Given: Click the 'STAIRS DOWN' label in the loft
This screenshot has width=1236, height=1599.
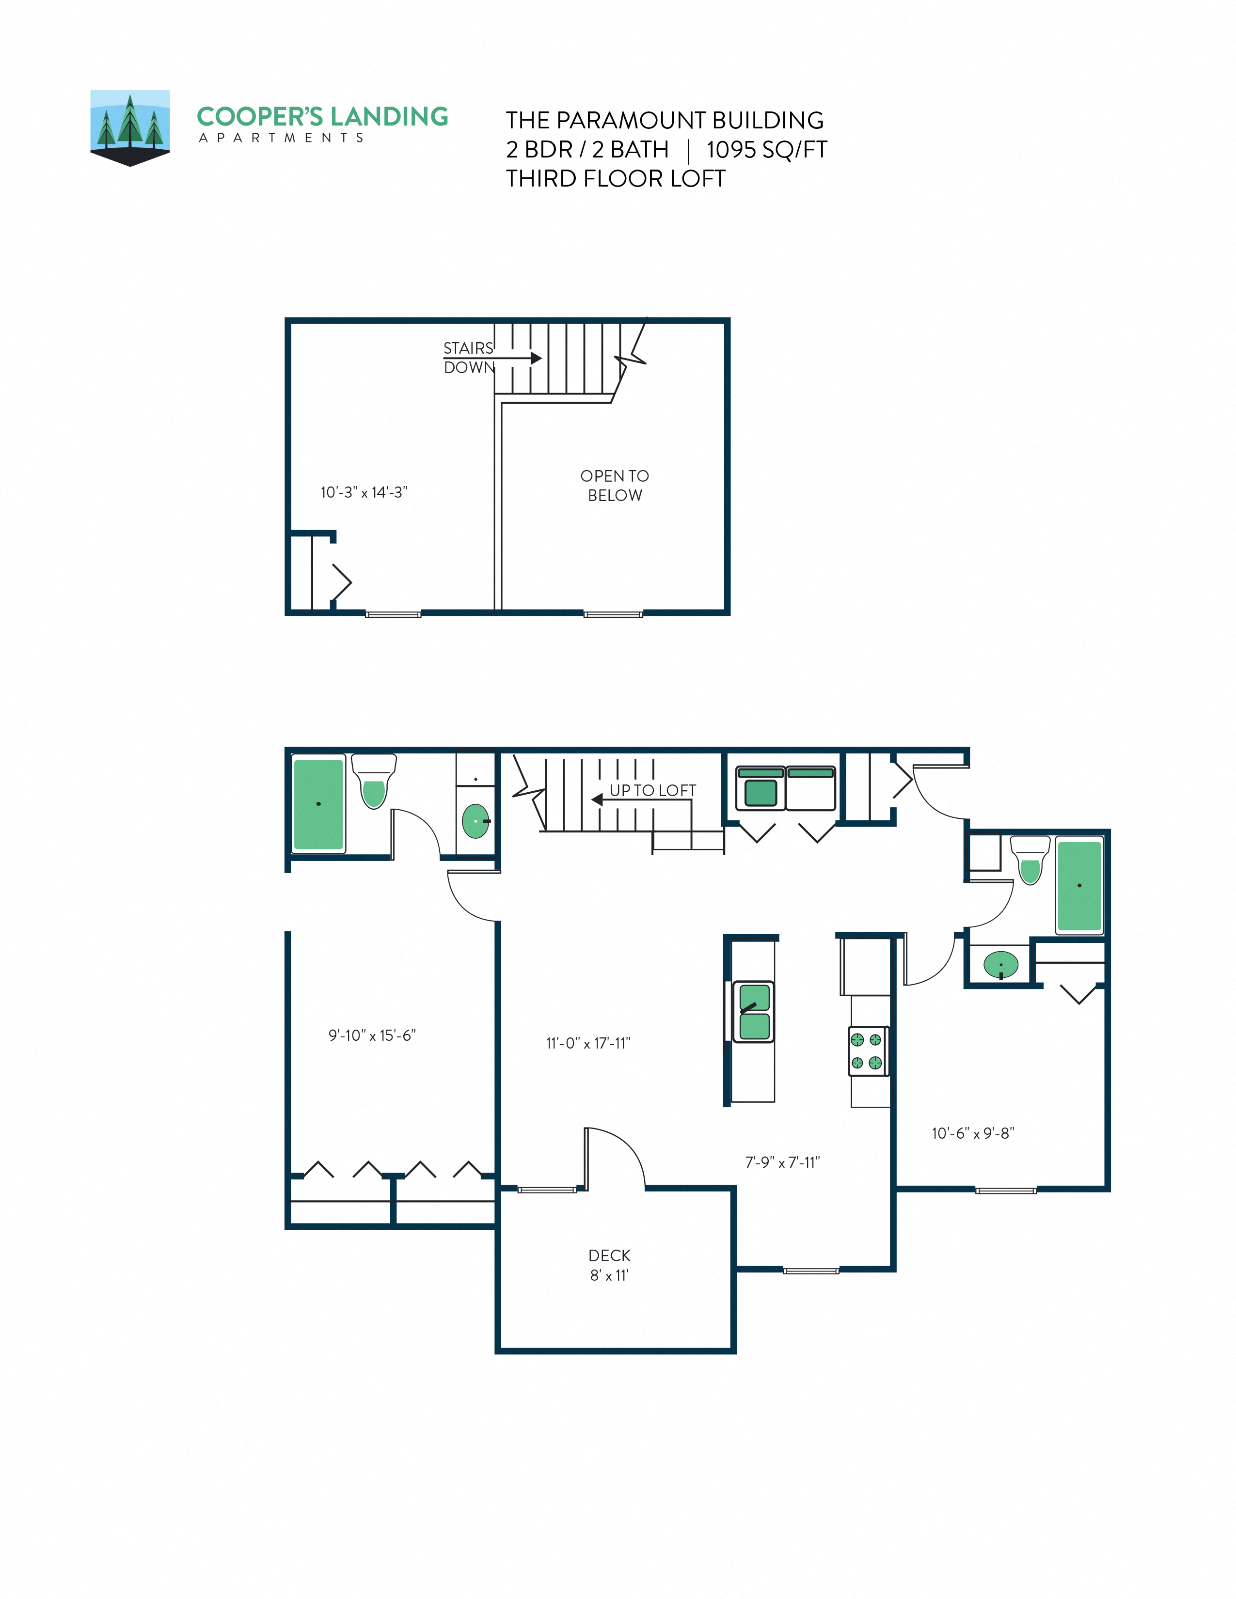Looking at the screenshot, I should click(469, 357).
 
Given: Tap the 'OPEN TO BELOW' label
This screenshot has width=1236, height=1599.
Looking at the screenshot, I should click(614, 486).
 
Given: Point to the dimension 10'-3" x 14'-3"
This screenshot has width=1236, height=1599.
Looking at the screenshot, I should click(364, 492).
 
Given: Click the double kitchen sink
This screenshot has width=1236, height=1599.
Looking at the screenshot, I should click(753, 1012).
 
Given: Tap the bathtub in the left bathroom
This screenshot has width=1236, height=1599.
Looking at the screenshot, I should click(318, 804).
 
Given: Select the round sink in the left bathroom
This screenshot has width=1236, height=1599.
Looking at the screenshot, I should click(476, 821).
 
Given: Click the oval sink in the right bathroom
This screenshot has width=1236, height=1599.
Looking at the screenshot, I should click(1000, 964).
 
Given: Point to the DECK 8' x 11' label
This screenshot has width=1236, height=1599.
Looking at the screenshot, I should click(609, 1265).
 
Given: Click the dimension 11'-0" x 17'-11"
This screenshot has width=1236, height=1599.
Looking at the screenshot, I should click(588, 1043).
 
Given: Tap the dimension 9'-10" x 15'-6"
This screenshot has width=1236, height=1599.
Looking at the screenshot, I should click(372, 1035).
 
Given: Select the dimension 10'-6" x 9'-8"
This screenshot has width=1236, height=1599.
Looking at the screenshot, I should click(972, 1133).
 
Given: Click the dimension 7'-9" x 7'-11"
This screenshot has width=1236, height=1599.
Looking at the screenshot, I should click(782, 1162).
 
